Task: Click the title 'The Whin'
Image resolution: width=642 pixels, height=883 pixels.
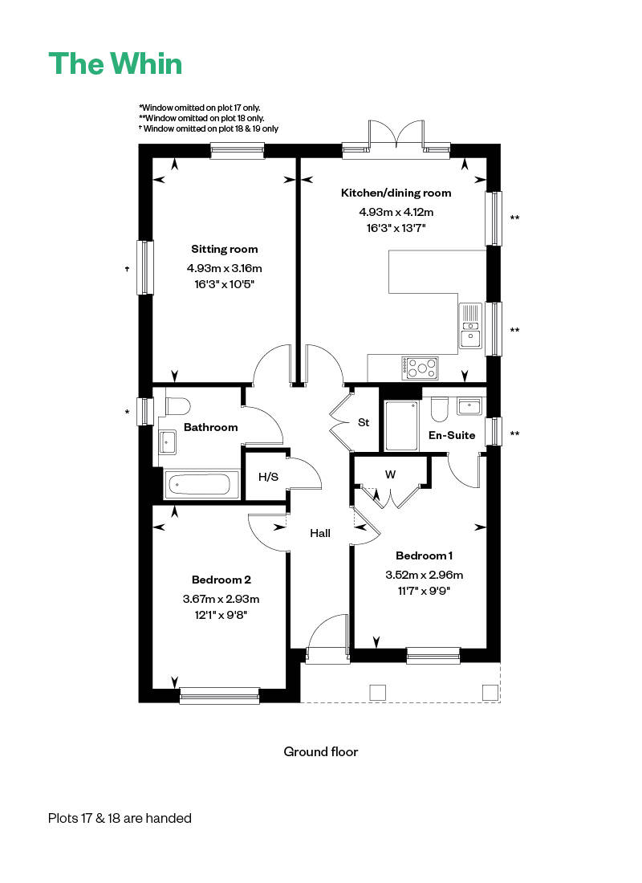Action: [x=116, y=64]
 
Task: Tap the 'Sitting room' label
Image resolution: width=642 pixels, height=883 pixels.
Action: [x=225, y=249]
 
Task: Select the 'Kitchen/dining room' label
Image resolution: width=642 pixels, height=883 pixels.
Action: [x=396, y=193]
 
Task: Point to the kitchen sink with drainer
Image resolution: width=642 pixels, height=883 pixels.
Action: [x=469, y=327]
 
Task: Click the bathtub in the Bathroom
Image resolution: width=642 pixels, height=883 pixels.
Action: [x=202, y=485]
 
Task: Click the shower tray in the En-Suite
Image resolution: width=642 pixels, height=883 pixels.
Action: [x=401, y=425]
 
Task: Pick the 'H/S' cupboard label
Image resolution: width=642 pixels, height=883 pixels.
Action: [x=268, y=477]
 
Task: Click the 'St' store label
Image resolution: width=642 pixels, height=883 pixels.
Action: [x=364, y=422]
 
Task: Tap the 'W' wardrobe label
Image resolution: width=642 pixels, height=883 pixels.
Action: [x=390, y=474]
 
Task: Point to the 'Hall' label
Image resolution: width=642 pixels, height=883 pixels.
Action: [x=320, y=533]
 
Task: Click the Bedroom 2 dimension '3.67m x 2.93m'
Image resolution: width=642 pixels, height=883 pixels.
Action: [x=221, y=599]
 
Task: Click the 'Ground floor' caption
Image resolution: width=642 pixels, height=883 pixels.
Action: [x=320, y=752]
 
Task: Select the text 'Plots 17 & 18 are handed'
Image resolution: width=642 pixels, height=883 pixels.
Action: [x=120, y=819]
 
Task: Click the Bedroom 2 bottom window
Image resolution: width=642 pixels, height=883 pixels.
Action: [x=220, y=695]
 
